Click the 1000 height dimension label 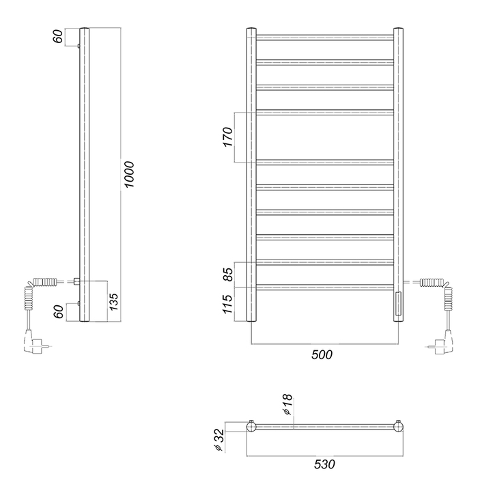pos(130,175)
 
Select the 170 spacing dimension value pos(227,137)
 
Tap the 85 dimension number pos(228,275)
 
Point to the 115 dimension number pos(228,304)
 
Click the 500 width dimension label pos(322,354)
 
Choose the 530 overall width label pos(324,464)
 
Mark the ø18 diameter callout pos(287,404)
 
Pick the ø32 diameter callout pos(219,440)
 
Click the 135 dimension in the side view pos(113,302)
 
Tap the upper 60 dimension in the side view pos(58,37)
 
